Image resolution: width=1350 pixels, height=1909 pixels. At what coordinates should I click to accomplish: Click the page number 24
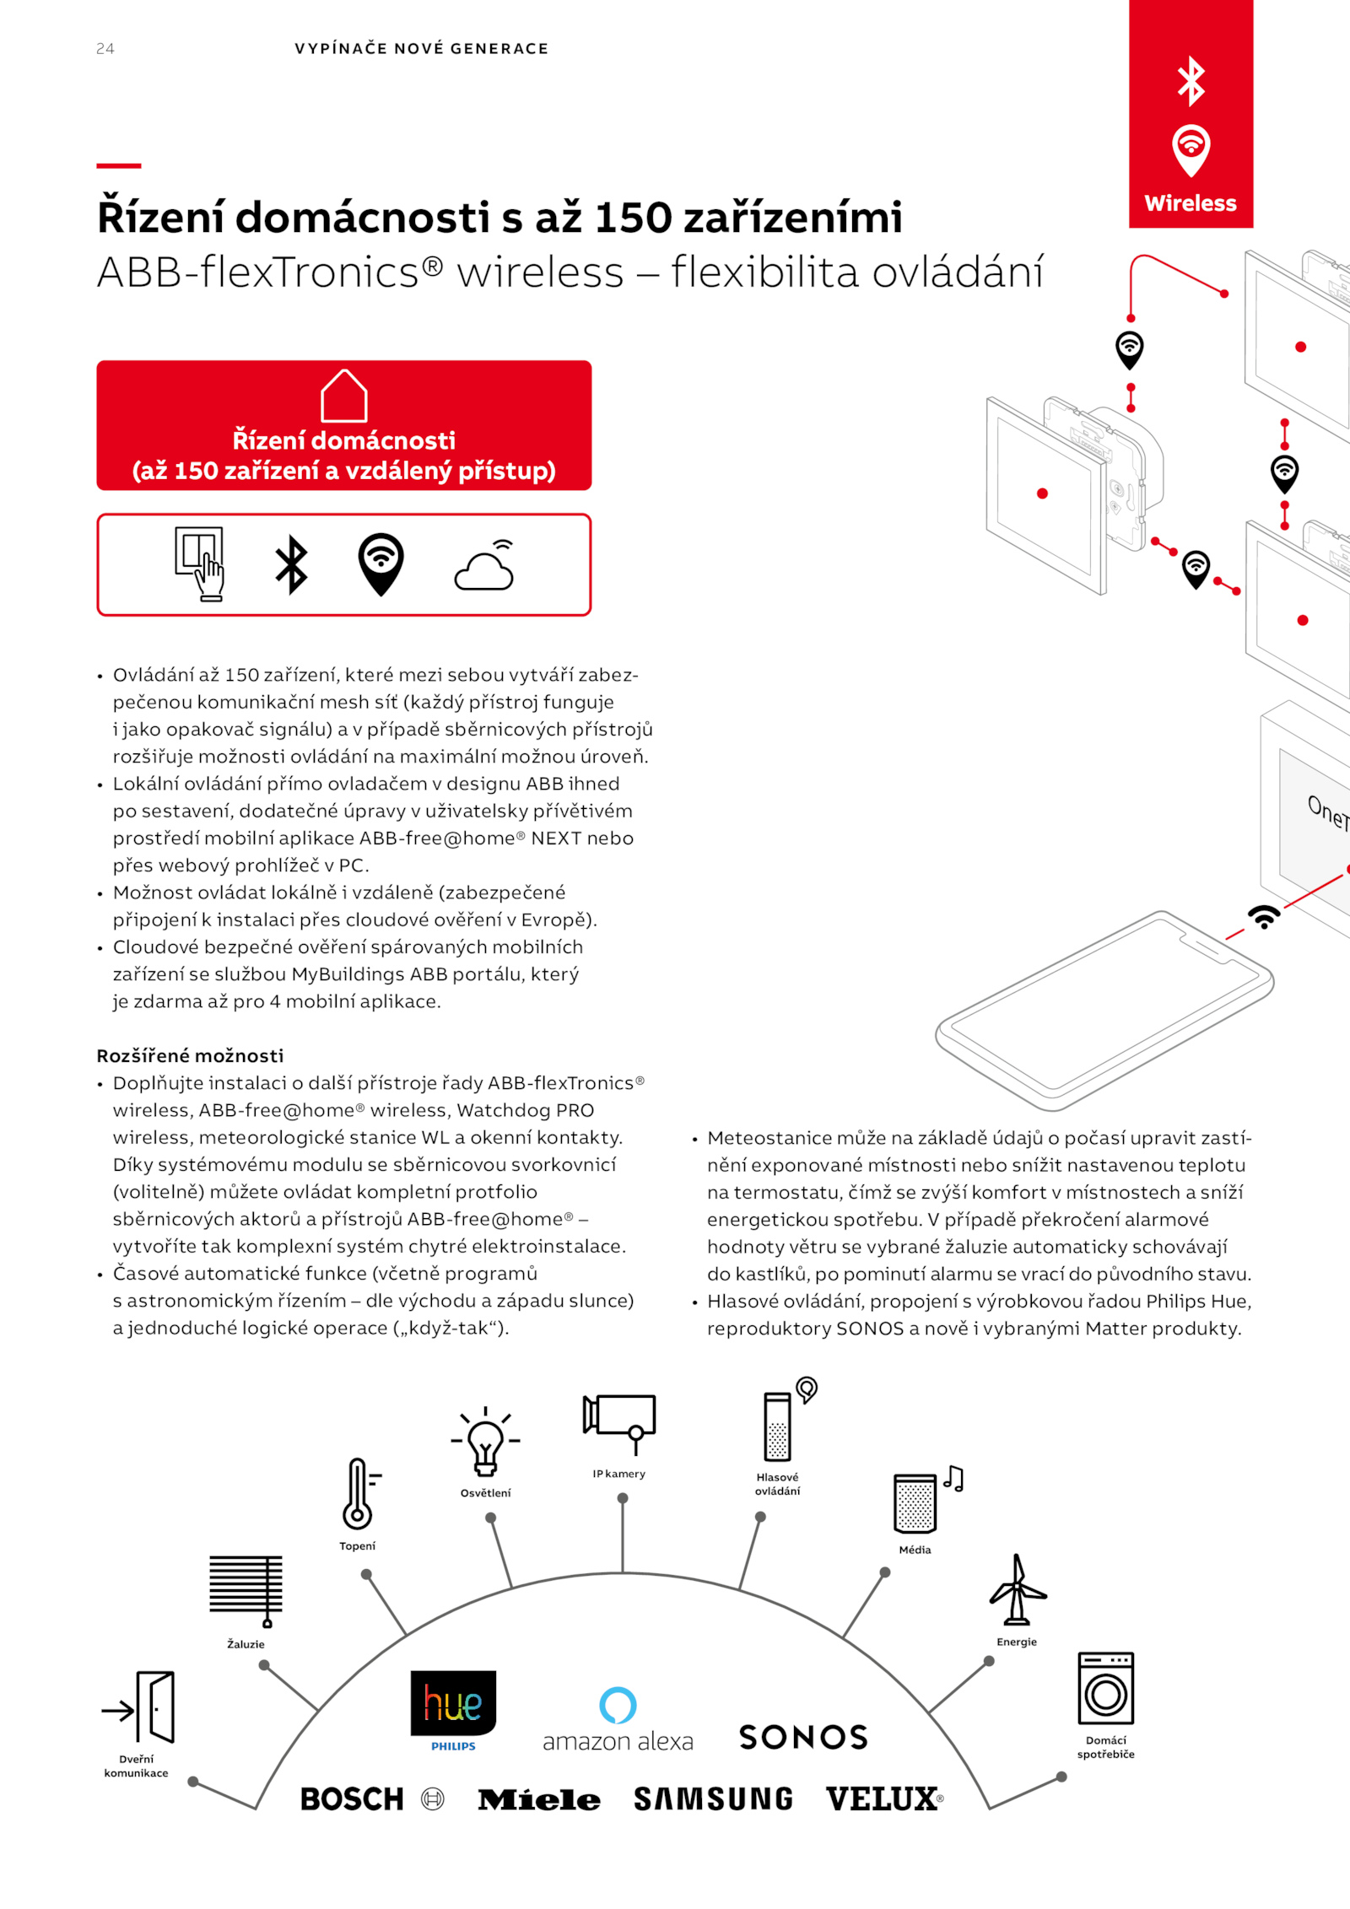coord(105,49)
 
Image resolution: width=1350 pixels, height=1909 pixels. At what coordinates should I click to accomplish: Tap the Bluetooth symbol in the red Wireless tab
coord(1191,81)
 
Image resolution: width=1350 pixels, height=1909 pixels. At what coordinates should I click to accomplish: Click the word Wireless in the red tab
coord(1191,203)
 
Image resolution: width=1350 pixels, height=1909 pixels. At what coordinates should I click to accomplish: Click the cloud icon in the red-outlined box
coord(485,567)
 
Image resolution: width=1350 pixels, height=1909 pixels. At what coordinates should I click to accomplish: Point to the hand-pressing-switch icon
coord(201,564)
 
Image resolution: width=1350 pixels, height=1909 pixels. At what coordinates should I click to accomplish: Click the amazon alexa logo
coord(618,1721)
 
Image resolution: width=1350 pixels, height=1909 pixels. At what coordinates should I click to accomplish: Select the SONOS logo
coord(803,1737)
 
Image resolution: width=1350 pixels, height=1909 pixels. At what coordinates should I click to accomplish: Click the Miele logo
coord(539,1800)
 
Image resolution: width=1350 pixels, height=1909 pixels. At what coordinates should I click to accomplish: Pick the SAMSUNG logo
coord(713,1799)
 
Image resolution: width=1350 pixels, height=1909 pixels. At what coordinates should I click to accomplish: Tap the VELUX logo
coord(883,1799)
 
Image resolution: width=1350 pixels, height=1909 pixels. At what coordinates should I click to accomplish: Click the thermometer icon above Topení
coord(359,1494)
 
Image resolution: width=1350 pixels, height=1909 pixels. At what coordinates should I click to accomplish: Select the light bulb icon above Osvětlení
coord(485,1442)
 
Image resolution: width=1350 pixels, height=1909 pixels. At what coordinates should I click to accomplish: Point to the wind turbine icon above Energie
coord(1018,1590)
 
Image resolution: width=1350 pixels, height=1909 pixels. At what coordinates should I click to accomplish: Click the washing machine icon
coord(1105,1689)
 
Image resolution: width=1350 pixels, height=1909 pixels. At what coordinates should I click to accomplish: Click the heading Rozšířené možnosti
coord(190,1056)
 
